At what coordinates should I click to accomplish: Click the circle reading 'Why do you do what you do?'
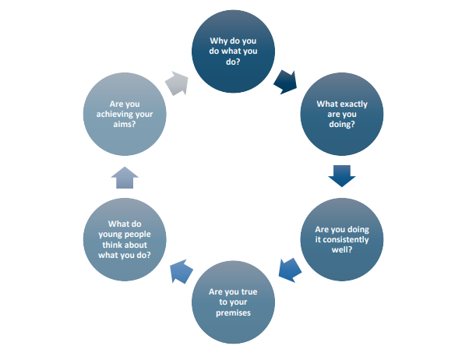(x=233, y=51)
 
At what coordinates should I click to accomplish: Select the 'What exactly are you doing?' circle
(x=342, y=114)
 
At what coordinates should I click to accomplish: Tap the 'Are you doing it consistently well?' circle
(x=342, y=239)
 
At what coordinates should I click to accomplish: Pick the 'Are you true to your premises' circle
(x=233, y=302)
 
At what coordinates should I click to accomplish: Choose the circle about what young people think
(x=125, y=239)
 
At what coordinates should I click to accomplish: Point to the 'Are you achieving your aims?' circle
(x=125, y=114)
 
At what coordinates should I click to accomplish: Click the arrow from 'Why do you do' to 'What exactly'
(x=286, y=82)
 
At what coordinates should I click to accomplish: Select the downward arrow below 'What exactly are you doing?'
(x=342, y=176)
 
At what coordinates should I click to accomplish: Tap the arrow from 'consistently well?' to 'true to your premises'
(x=290, y=270)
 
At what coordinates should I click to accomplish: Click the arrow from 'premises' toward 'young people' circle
(x=182, y=271)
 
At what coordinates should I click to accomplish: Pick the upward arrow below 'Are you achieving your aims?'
(x=125, y=178)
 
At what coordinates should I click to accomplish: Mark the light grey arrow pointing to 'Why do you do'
(x=177, y=83)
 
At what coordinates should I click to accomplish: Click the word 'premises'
(x=233, y=312)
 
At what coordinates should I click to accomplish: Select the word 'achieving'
(x=111, y=114)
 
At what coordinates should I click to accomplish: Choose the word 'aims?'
(x=125, y=124)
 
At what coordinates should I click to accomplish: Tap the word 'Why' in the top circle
(x=218, y=41)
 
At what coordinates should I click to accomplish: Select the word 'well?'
(x=342, y=249)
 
